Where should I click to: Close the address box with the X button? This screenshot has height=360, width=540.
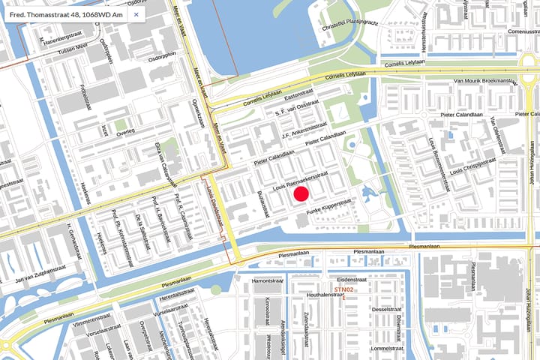coord(136,14)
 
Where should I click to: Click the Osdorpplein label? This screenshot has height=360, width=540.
coord(164,54)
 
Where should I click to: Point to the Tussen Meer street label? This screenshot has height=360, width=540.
coord(73,46)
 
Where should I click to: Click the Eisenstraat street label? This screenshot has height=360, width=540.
coord(352,279)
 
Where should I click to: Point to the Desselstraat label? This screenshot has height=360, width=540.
coord(388,309)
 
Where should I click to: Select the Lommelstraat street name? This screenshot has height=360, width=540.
coord(388,348)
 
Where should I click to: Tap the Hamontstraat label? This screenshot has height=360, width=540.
coord(265,281)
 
